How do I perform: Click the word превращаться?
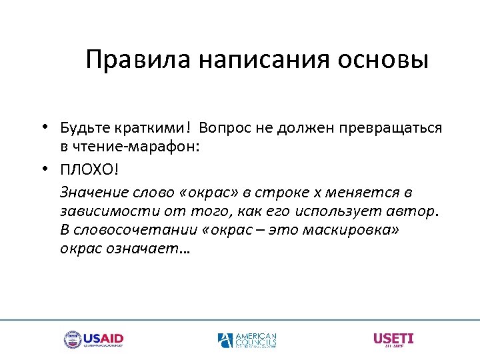tap(395, 127)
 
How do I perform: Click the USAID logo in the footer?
tap(93, 340)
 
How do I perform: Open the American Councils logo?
tap(247, 340)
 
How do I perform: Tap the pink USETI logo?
tap(393, 339)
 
